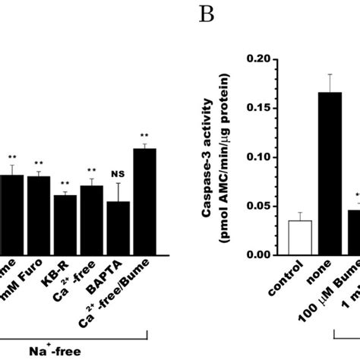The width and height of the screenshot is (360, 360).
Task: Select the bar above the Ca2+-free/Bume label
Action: (144, 202)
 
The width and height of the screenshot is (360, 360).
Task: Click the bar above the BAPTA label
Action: (118, 229)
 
